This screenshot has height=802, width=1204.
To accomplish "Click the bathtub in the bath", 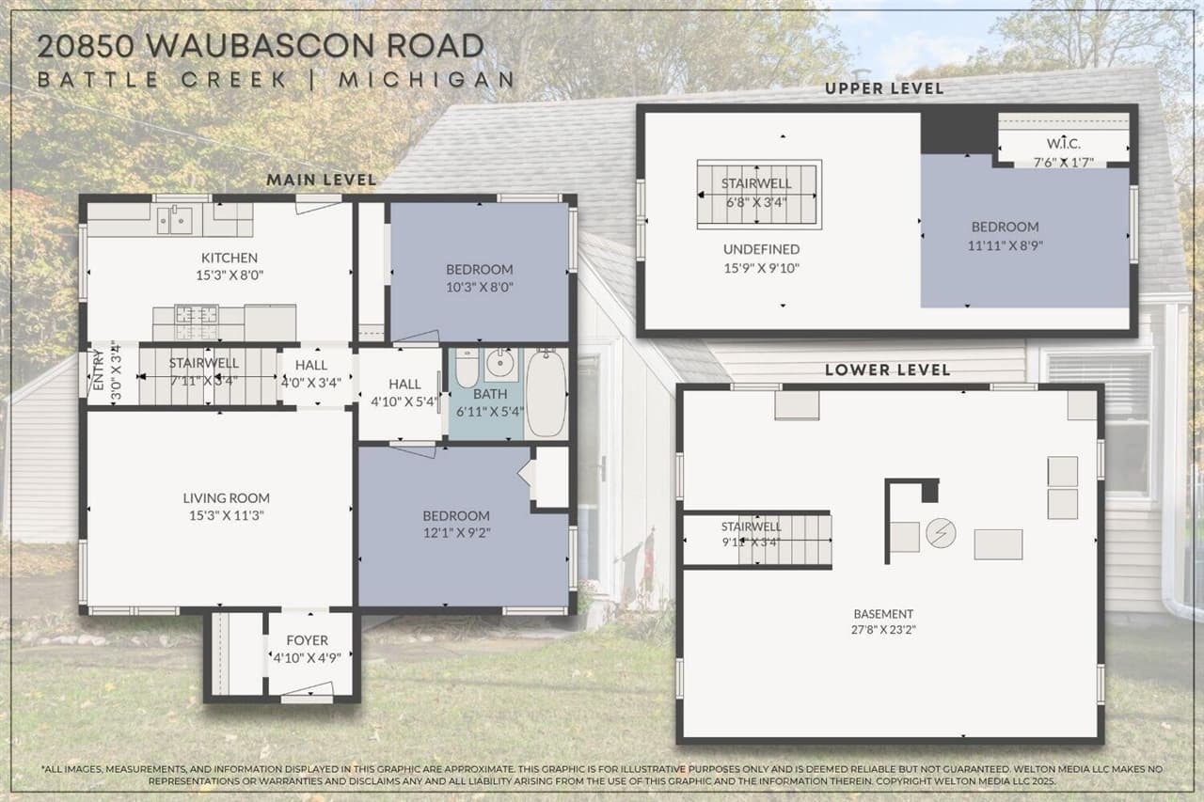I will tap(545, 393).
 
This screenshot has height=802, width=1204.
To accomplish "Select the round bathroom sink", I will tap(499, 362).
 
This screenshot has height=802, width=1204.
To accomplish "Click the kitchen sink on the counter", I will tap(176, 221).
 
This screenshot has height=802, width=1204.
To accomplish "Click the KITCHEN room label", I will tap(229, 258).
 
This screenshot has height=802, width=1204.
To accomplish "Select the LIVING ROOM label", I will tap(226, 498).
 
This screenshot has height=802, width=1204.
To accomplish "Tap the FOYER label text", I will tap(307, 640).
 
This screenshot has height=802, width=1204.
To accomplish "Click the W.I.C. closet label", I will tap(1063, 144).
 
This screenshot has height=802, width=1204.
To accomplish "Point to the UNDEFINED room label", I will tap(761, 249).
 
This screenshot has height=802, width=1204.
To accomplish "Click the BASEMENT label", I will tap(884, 614).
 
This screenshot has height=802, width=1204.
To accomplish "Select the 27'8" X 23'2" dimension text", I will tap(884, 630).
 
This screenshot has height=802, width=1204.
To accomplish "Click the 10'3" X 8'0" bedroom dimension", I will tap(480, 287).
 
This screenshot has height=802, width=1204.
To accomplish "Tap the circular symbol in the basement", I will tap(941, 533).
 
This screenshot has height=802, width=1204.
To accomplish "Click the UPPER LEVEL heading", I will tap(883, 88).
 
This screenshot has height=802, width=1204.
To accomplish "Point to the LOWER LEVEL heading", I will tap(887, 370).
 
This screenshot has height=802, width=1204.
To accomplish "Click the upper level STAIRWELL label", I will tap(756, 183).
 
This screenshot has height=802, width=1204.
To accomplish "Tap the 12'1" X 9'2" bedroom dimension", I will tap(456, 532).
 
